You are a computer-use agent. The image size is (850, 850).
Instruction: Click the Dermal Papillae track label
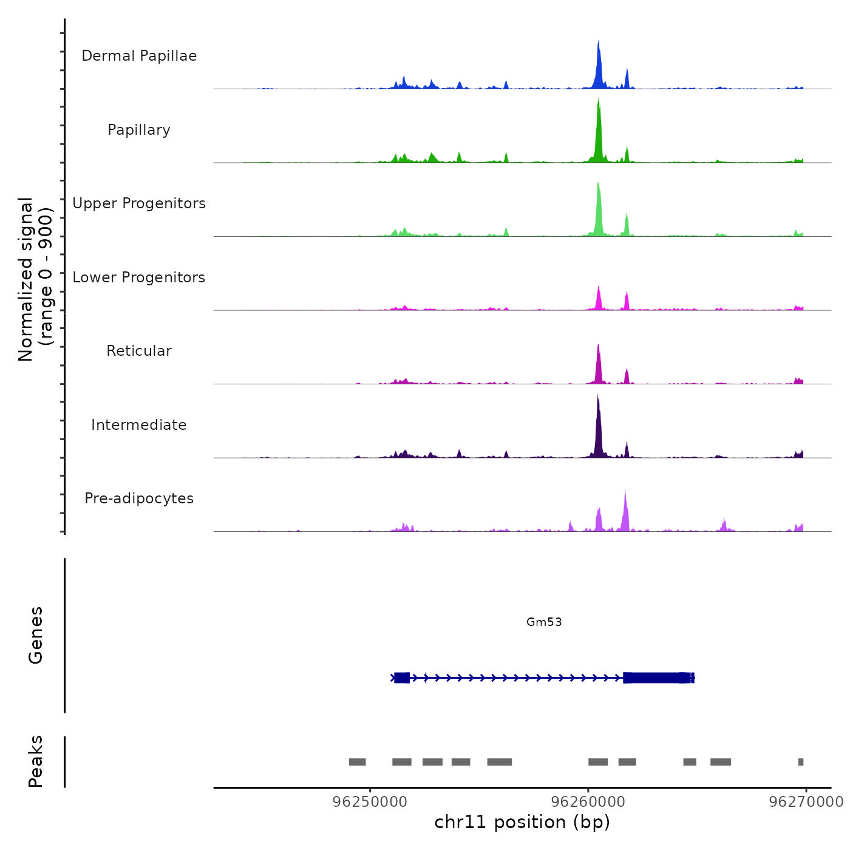[x=139, y=56]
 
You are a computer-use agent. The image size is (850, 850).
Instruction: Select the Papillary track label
[x=139, y=130]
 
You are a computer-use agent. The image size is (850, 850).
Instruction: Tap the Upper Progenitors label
[x=139, y=203]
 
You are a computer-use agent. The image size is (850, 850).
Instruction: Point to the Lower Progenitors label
[x=139, y=277]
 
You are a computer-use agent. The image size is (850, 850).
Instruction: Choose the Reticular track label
[x=139, y=351]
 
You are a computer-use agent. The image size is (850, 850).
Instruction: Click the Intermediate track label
[x=139, y=425]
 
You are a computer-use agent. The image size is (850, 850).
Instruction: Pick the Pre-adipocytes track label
[x=139, y=498]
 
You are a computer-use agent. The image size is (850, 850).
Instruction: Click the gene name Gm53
[x=544, y=622]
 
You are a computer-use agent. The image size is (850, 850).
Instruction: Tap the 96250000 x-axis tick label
[x=370, y=802]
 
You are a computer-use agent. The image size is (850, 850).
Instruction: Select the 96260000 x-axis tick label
[x=588, y=802]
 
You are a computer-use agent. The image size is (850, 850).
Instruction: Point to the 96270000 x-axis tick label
[x=806, y=802]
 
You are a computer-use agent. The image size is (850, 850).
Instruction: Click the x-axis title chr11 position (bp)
[x=522, y=822]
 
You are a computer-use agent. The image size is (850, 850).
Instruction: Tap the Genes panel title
[x=35, y=635]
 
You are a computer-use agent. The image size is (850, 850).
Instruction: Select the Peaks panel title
[x=35, y=761]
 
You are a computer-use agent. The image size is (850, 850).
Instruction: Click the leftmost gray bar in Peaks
[x=357, y=762]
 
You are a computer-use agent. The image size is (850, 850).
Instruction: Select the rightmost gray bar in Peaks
[x=801, y=762]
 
